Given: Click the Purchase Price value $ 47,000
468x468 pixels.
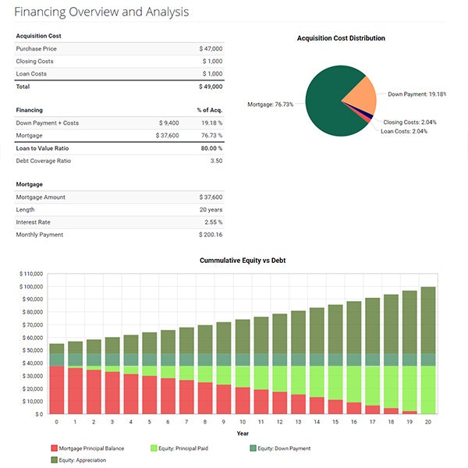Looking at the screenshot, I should tap(210, 48).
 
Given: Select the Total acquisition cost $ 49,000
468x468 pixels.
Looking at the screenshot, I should tap(210, 86).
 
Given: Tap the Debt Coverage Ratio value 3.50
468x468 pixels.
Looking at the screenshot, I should tap(216, 161).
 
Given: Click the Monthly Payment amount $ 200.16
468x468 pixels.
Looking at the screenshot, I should tap(209, 235).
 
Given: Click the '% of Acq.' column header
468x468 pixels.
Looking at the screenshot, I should tap(209, 111).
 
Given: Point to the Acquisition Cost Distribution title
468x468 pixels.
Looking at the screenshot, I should tap(341, 38).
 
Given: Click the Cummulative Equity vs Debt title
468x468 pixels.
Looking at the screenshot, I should tap(243, 260).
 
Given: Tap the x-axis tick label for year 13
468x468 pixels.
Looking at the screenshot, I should tap(297, 422).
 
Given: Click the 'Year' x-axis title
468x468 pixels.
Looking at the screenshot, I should tap(243, 433).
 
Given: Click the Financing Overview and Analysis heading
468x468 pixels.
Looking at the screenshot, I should tap(101, 12).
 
